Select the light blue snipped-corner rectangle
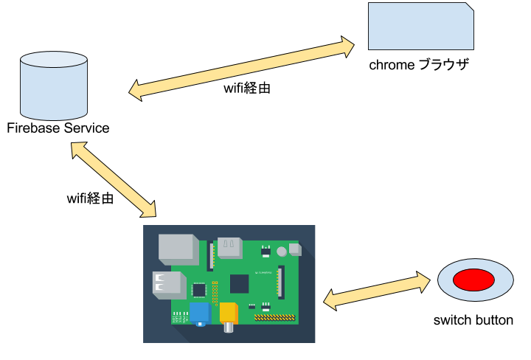pos(420,27)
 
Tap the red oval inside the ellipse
pos(473,280)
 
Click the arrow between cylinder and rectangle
pos(241,69)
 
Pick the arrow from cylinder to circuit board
pos(114,180)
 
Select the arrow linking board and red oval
pos(376,291)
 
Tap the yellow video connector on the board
pos(228,312)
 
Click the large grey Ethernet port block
pos(178,249)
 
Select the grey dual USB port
pos(167,284)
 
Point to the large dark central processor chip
pos(239,284)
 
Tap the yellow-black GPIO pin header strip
pos(274,318)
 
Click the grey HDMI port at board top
pos(229,247)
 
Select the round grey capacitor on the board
pos(282,252)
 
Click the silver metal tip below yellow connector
pos(229,328)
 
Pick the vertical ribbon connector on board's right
pos(281,282)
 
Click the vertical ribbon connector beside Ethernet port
pos(211,255)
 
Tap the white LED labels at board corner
pos(180,317)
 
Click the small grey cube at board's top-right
pos(295,249)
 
